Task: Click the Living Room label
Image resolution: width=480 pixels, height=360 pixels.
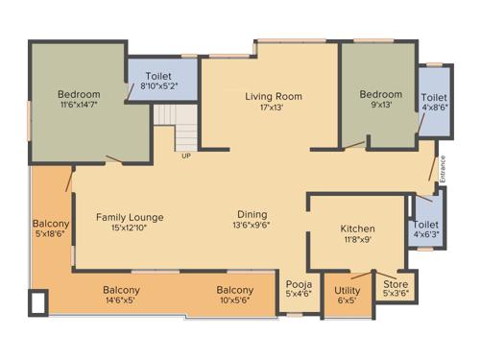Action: pyautogui.click(x=273, y=96)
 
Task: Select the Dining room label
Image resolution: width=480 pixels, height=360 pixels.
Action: pyautogui.click(x=252, y=214)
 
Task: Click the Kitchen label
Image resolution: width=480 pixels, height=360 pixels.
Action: pyautogui.click(x=357, y=228)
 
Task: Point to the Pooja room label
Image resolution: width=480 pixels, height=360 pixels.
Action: pyautogui.click(x=297, y=284)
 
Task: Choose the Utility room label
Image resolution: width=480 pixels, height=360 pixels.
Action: pyautogui.click(x=347, y=290)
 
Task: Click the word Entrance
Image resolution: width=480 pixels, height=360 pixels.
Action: pyautogui.click(x=443, y=169)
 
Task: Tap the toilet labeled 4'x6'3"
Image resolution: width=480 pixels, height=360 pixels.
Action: pyautogui.click(x=426, y=228)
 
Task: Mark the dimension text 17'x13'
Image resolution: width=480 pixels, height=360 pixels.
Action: pyautogui.click(x=273, y=107)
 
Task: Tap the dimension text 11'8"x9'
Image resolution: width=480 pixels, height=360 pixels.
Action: pyautogui.click(x=357, y=240)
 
